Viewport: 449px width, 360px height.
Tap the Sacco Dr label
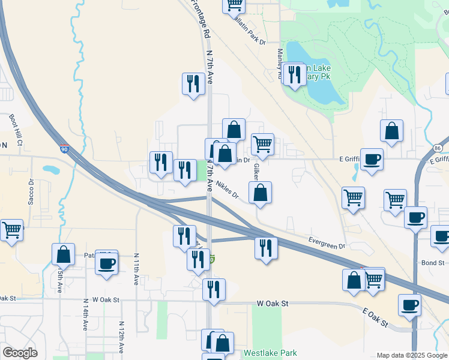[x=31, y=191]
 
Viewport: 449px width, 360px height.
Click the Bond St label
[x=432, y=263]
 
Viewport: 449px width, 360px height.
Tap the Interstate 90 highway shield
[x=64, y=148]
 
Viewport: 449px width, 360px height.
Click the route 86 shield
[x=436, y=148]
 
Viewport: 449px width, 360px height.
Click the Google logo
[x=20, y=353]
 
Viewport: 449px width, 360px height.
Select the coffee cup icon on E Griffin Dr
[x=372, y=159]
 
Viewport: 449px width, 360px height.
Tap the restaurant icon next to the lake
[x=294, y=74]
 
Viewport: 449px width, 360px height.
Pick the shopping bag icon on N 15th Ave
[x=63, y=254]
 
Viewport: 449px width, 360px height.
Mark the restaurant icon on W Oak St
[x=214, y=289]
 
